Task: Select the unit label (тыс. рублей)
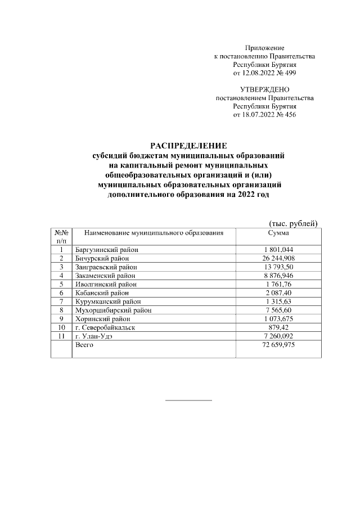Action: [294, 223]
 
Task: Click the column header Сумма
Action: [278, 232]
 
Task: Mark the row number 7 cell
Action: [61, 301]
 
